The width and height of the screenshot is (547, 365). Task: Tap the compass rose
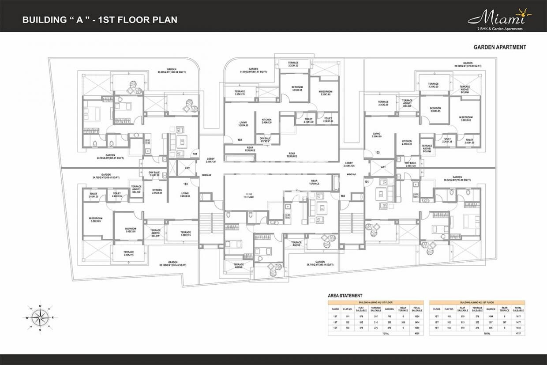(x=40, y=317)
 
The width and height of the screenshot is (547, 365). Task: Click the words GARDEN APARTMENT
(x=499, y=47)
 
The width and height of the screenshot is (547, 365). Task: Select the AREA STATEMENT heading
(x=345, y=295)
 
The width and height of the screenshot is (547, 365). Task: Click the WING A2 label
(x=206, y=175)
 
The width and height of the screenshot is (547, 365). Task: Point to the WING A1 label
(x=351, y=175)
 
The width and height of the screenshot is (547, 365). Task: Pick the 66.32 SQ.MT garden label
(x=457, y=179)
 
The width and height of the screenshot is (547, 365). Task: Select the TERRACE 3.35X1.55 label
(x=293, y=64)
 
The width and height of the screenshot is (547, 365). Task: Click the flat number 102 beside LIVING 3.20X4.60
(x=240, y=140)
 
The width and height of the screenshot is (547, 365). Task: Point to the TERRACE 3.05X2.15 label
(x=128, y=254)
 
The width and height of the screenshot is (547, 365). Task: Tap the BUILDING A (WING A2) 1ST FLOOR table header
(x=477, y=302)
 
